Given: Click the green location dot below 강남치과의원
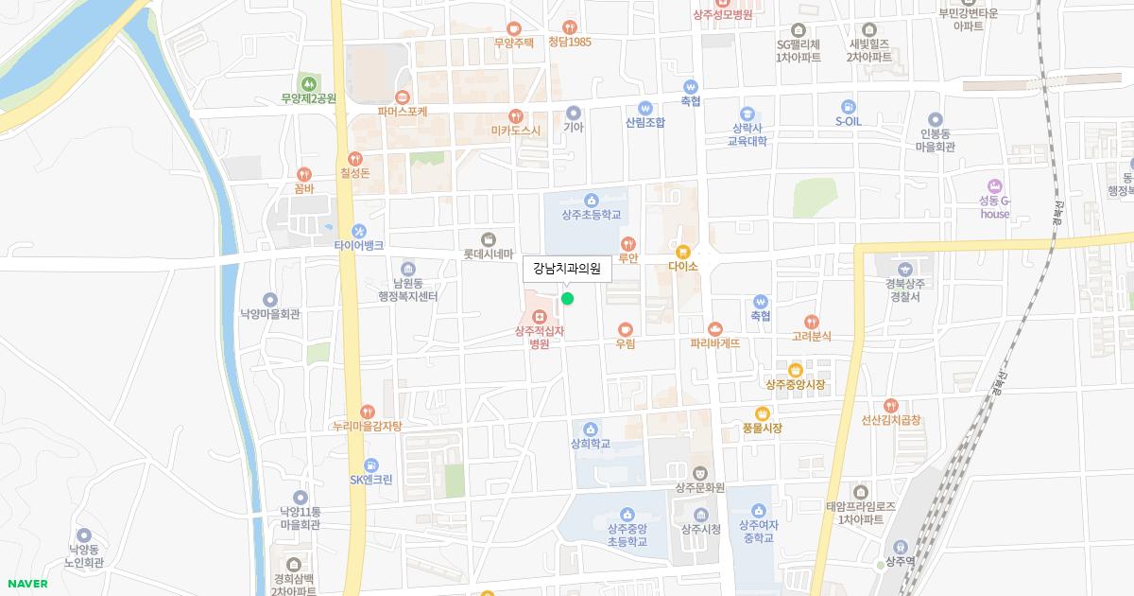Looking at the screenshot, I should [x=567, y=299].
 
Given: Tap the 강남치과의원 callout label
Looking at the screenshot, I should [x=567, y=269].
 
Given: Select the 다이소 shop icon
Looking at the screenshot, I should [x=682, y=252].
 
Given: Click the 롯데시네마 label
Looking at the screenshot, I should [x=488, y=254].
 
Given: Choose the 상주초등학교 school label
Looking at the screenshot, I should [x=592, y=215].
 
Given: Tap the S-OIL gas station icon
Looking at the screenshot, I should [x=849, y=106].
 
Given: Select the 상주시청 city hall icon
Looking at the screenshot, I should [x=701, y=514].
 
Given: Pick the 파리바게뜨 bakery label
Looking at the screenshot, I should [x=715, y=343].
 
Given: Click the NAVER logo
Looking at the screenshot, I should [x=26, y=584].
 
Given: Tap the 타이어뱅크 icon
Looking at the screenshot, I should [x=358, y=231].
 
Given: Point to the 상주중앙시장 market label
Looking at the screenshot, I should [x=795, y=385].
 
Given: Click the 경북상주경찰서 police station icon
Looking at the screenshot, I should [x=904, y=269].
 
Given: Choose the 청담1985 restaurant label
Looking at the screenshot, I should [x=570, y=42].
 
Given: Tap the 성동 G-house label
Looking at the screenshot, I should [x=994, y=207].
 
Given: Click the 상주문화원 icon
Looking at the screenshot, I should [x=699, y=473].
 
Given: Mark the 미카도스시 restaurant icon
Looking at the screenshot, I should [x=516, y=115].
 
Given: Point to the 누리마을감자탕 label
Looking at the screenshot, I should [x=368, y=427].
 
